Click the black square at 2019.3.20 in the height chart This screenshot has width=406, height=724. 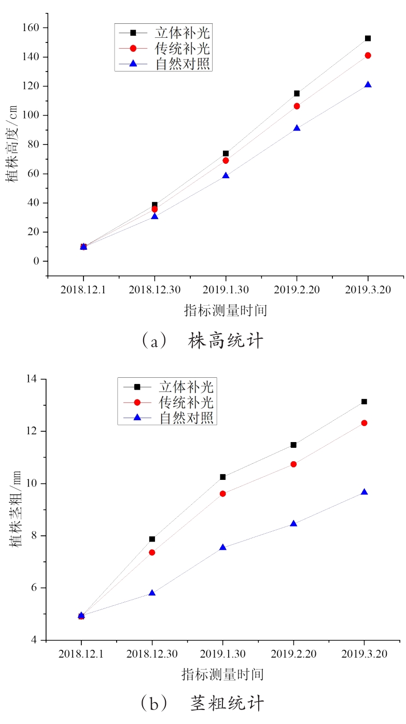tap(368, 38)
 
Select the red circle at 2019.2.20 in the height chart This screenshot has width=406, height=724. tap(297, 106)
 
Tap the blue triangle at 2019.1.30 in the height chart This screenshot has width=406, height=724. tap(226, 175)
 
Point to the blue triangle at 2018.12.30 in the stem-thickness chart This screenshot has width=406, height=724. tap(152, 592)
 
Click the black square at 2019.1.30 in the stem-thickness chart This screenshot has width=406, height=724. tap(223, 477)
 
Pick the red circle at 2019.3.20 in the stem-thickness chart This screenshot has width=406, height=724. tap(364, 423)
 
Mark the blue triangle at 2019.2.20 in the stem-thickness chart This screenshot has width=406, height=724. tap(293, 523)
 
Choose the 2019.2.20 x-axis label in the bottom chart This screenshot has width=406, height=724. tap(293, 654)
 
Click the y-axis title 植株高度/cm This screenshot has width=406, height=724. tap(12, 145)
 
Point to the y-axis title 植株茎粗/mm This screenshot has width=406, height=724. tap(16, 509)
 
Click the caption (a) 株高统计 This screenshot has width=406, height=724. tap(202, 341)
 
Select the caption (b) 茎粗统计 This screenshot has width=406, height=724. tap(202, 703)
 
